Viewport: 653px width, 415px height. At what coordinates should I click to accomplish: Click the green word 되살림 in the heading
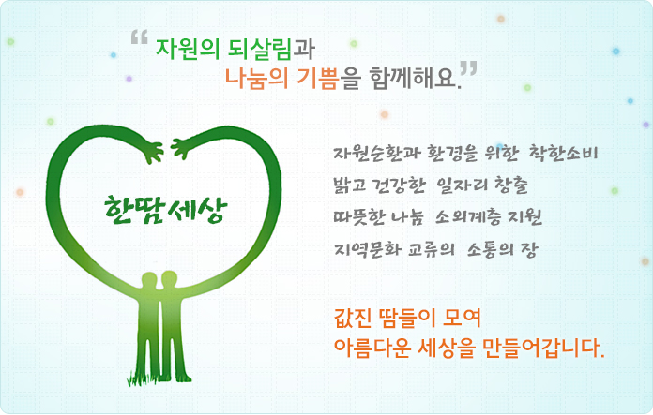(x=260, y=49)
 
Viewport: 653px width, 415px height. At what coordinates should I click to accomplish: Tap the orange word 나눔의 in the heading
(x=256, y=78)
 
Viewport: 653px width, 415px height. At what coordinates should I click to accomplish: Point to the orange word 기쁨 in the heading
(x=317, y=78)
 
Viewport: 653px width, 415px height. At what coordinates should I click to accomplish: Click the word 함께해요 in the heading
(x=413, y=78)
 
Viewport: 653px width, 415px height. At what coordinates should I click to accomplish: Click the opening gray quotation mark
(x=140, y=37)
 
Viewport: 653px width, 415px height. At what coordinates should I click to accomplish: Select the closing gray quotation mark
(x=468, y=68)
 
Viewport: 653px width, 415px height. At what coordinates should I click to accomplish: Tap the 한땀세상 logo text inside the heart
(x=166, y=209)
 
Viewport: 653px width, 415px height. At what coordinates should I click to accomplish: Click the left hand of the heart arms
(x=153, y=152)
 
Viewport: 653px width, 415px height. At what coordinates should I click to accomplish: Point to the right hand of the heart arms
(x=180, y=149)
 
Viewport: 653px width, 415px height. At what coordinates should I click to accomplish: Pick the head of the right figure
(x=169, y=278)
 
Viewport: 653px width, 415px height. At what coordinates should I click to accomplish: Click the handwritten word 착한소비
(x=563, y=153)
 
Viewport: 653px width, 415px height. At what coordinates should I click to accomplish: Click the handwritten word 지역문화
(x=368, y=249)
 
